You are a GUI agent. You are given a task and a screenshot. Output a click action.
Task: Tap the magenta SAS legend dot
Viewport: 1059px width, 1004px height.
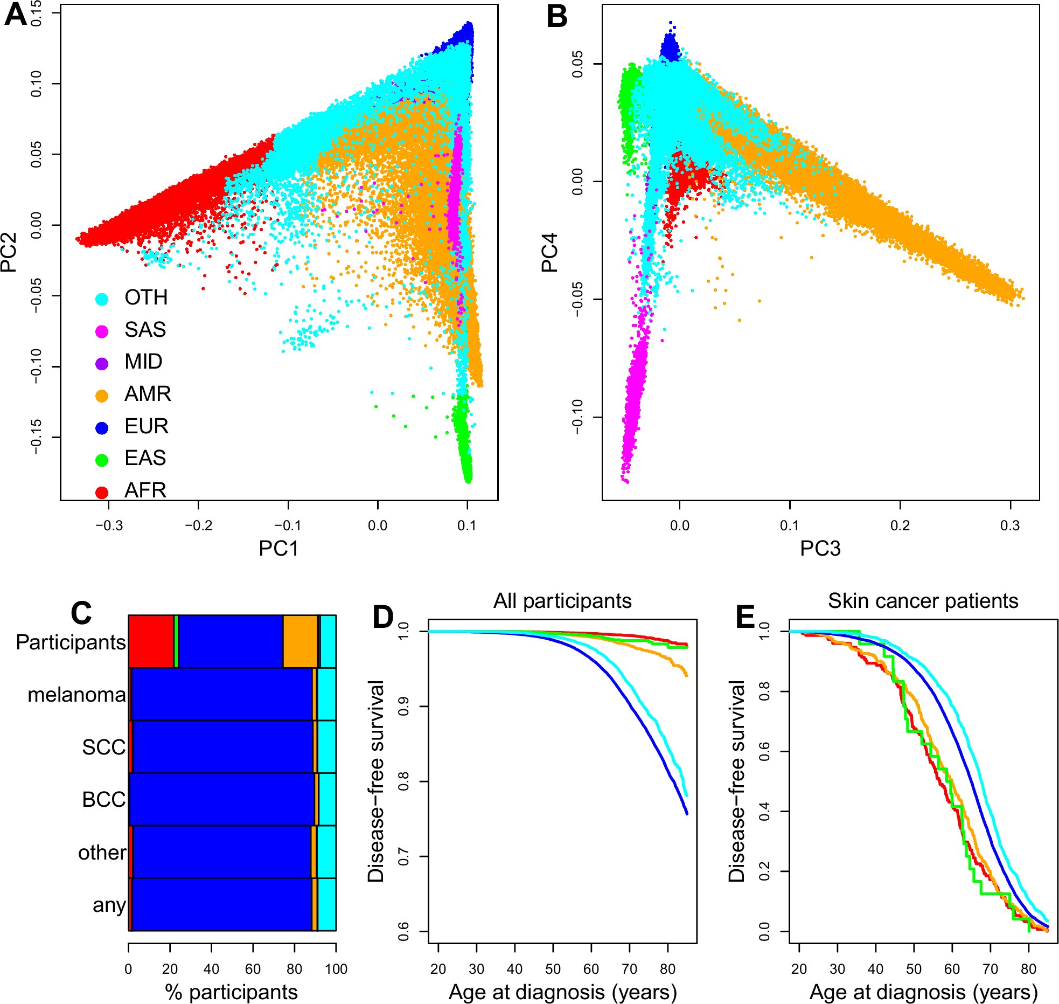coord(102,331)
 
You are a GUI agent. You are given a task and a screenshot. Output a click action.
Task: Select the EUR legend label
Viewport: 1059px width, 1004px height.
coord(147,426)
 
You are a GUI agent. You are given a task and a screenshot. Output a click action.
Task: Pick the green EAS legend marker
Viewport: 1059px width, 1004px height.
coord(102,460)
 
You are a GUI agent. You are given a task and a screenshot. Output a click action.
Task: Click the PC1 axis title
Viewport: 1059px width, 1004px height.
coord(278,549)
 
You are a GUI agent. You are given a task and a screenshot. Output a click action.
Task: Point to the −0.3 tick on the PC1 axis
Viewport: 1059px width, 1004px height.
coord(109,525)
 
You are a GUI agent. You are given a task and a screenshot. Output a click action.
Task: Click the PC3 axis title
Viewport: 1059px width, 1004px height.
coord(820,549)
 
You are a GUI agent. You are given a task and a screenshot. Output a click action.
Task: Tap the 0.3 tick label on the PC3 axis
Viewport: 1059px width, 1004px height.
coord(1010,525)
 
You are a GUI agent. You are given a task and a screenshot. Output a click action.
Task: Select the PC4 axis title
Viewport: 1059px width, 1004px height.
coord(549,252)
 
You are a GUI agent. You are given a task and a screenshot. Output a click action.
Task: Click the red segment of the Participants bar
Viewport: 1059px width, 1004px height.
coord(151,641)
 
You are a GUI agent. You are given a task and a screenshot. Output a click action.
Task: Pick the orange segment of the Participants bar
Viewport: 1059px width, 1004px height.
coord(300,641)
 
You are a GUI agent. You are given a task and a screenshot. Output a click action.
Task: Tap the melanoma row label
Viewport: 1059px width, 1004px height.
coord(76,695)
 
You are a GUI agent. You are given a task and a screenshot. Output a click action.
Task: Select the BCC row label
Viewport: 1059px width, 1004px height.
coord(103,799)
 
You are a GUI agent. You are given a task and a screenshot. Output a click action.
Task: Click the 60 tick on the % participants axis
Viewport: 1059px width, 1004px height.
coord(253,969)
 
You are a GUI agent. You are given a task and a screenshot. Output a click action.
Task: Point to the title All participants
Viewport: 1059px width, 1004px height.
coord(562,601)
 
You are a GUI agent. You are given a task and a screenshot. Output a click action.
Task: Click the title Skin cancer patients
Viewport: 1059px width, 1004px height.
coord(923,601)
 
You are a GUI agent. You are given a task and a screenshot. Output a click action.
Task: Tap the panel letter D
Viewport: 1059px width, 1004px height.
coord(383,617)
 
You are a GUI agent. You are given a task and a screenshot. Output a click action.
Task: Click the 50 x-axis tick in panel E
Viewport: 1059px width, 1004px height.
coord(914,969)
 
